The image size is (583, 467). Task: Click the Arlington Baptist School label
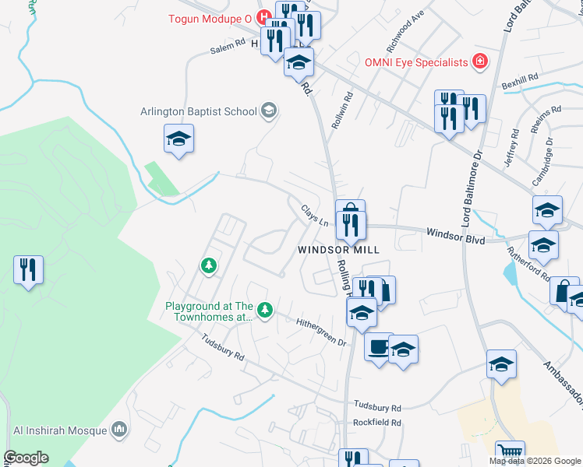click(x=199, y=111)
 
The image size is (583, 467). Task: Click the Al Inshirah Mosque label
click(x=59, y=429)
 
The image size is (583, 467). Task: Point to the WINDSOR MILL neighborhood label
click(x=337, y=250)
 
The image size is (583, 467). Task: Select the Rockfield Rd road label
click(x=377, y=423)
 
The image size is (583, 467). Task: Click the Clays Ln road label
click(x=314, y=214)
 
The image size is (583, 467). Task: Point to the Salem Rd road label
click(x=228, y=48)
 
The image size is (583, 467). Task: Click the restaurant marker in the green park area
click(x=28, y=271)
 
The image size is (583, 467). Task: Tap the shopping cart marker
click(x=510, y=453)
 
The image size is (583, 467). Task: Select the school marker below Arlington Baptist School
click(x=178, y=139)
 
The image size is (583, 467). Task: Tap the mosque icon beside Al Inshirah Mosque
click(x=119, y=429)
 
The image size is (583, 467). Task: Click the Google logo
click(x=26, y=458)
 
